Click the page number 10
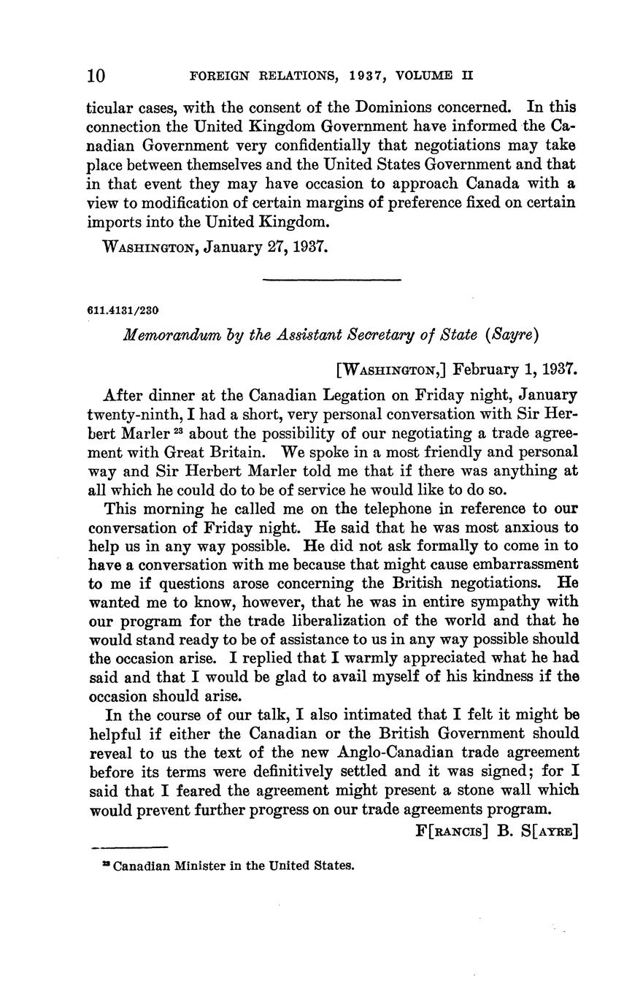(96, 75)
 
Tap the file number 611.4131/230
(123, 309)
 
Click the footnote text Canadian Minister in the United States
(234, 866)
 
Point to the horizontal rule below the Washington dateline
(331, 279)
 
